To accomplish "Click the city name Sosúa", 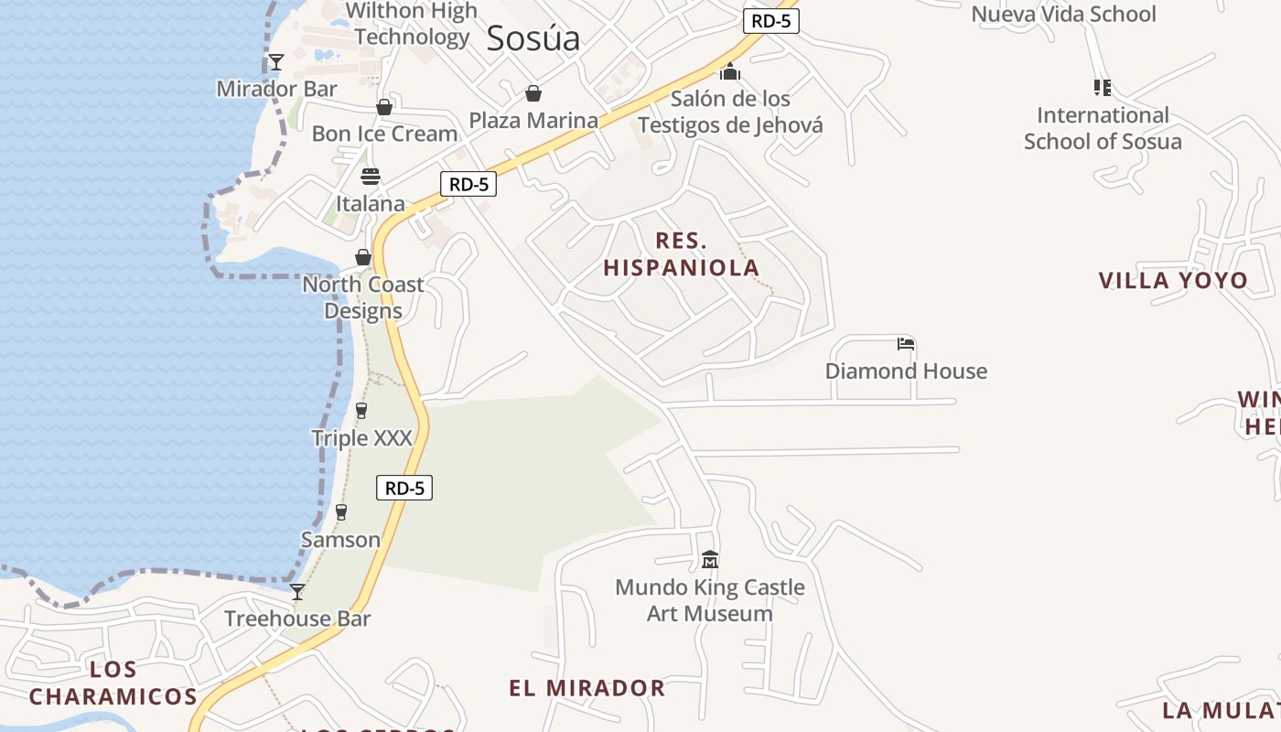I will point(533,38).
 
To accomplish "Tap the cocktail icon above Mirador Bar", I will point(276,62).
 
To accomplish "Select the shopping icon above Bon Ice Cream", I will point(384,107).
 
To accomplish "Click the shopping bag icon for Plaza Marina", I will point(533,93).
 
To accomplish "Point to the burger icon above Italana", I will point(371,177).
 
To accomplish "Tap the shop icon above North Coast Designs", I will point(363,257).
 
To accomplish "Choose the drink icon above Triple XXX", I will point(361,411).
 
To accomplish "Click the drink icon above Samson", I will point(341,512).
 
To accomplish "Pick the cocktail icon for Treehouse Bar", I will point(297,592).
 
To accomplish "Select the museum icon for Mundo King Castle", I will point(710,559).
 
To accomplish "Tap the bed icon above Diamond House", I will point(906,344).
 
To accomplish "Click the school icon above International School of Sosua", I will point(1103,88).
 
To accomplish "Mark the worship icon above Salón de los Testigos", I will point(730,71).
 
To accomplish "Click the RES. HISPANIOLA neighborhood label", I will point(682,254).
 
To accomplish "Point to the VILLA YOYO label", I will point(1173,280).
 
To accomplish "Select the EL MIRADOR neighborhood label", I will point(587,688).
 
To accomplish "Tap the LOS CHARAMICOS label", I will point(113,683).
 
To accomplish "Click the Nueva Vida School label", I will point(1063,14).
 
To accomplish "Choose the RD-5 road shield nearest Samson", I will point(404,488).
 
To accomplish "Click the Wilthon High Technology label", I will point(412,24).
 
